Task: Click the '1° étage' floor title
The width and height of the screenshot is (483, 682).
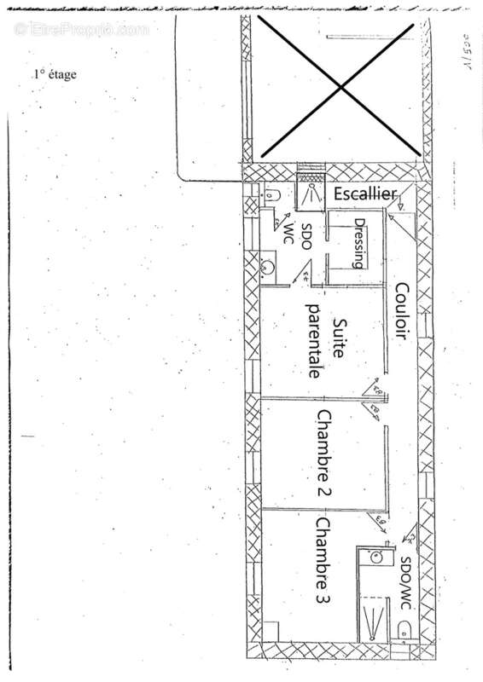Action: (x=55, y=74)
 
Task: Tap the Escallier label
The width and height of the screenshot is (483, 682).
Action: (x=364, y=195)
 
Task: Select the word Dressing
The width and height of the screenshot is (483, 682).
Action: (x=360, y=244)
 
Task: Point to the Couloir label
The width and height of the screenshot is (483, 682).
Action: (x=399, y=311)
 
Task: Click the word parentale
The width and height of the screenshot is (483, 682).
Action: (x=313, y=341)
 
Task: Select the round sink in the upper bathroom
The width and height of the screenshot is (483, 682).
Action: (x=268, y=267)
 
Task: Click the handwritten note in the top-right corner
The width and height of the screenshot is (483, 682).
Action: (x=469, y=53)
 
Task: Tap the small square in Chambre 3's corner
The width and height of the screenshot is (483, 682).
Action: (x=271, y=632)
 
